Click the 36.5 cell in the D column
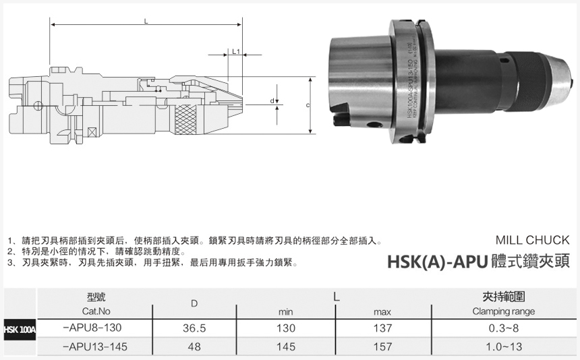tap(194, 328)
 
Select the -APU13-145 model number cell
tap(94, 347)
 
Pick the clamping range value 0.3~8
tap(503, 328)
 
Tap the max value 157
tap(382, 347)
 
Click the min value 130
tap(286, 328)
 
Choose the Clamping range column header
tap(503, 311)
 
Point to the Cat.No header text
tap(96, 311)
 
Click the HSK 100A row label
tap(18, 329)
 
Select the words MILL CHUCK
tap(532, 240)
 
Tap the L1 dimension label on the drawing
tap(236, 51)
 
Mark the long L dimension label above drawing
tap(146, 22)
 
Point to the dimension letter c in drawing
tap(308, 106)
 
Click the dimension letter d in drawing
tap(272, 101)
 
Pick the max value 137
tap(382, 328)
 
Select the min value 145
tap(286, 347)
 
